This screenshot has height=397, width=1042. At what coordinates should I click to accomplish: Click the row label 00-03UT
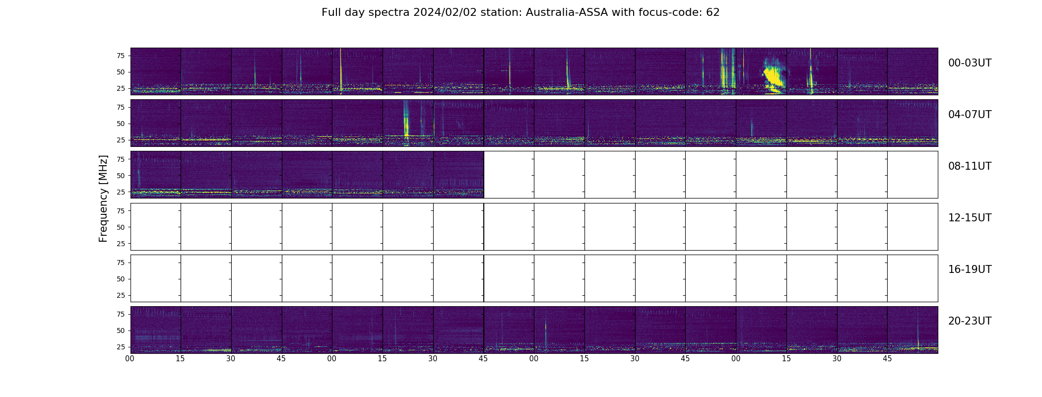click(x=970, y=63)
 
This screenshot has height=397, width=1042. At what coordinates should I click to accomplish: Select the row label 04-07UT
click(x=970, y=115)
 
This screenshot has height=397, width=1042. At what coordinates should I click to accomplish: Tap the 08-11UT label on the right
click(x=970, y=166)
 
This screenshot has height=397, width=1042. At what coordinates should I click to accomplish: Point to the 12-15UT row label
click(x=970, y=218)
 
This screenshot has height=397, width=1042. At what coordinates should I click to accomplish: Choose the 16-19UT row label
click(x=970, y=269)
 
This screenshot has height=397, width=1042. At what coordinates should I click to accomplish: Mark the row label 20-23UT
click(x=970, y=321)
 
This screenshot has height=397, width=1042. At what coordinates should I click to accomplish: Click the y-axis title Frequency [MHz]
click(x=103, y=198)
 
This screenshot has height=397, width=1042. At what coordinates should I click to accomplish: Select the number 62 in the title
click(x=713, y=12)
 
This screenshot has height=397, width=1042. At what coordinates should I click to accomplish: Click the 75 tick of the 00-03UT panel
click(x=120, y=56)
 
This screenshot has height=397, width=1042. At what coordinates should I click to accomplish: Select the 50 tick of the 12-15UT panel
click(x=120, y=227)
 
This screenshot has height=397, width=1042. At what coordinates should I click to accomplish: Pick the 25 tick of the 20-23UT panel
click(x=120, y=347)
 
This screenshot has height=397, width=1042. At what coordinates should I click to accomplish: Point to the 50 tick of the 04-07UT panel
click(x=120, y=124)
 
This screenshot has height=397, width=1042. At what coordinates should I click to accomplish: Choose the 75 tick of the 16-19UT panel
click(x=120, y=263)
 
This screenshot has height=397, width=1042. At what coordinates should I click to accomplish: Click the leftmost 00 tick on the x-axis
click(x=130, y=359)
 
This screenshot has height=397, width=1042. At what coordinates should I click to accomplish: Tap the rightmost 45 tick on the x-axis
click(x=887, y=359)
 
